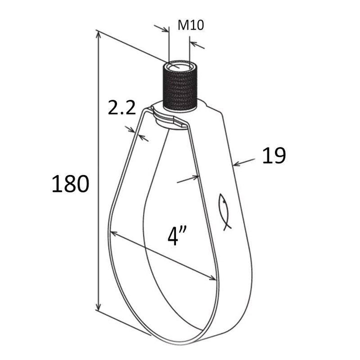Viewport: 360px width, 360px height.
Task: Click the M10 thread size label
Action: click(190, 25)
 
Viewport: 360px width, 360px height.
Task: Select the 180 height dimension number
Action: click(70, 183)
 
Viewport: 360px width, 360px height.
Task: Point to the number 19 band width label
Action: click(274, 155)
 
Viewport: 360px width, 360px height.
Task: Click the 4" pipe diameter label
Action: click(177, 236)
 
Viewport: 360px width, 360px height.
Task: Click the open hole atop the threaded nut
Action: click(180, 66)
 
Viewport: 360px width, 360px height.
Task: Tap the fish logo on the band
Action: click(224, 211)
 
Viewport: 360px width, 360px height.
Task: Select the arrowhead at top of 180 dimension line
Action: click(98, 35)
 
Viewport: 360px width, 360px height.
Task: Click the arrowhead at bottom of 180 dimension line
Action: click(98, 306)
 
